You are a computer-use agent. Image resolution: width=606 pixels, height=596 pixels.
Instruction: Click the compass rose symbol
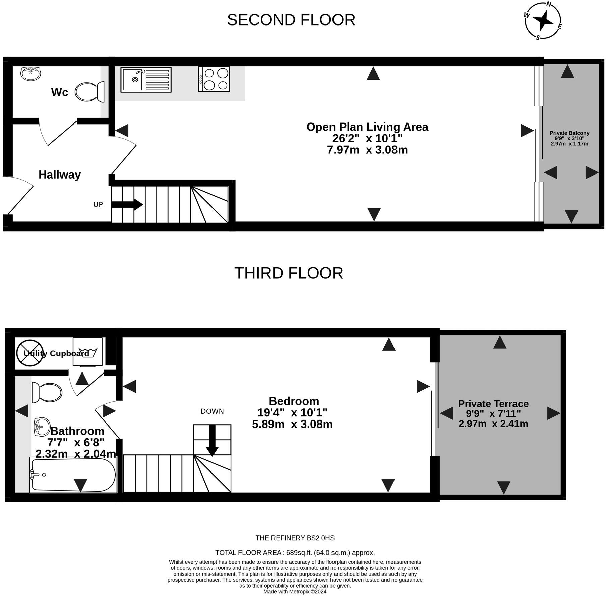[x=543, y=21]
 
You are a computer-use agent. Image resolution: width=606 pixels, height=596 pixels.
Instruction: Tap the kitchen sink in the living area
[x=146, y=80]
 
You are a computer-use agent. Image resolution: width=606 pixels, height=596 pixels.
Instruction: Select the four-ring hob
[x=214, y=79]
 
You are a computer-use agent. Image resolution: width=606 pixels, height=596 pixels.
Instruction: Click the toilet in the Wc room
[x=89, y=92]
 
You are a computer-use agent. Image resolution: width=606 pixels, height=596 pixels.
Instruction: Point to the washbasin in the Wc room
[x=31, y=73]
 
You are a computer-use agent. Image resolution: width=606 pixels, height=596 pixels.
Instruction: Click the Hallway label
[x=60, y=175]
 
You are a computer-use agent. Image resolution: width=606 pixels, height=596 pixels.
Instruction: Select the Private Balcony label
[x=569, y=133]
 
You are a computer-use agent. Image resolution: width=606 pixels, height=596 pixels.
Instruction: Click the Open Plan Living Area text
[x=367, y=127]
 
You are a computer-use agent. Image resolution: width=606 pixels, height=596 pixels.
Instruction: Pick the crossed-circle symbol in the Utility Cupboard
[x=30, y=353]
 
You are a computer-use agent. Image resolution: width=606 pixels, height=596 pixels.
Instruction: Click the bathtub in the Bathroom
[x=73, y=475]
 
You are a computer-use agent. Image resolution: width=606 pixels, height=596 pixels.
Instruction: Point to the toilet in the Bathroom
[x=47, y=392]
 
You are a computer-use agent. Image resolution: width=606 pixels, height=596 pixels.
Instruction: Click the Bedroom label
[x=294, y=401]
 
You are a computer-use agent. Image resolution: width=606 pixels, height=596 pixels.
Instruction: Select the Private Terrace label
[x=493, y=404]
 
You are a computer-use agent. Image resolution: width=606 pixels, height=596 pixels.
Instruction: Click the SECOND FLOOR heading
[x=291, y=20]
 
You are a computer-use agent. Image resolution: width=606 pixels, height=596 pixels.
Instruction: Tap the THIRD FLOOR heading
[x=289, y=273]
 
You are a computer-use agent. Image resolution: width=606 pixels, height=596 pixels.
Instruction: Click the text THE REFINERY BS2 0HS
[x=295, y=538]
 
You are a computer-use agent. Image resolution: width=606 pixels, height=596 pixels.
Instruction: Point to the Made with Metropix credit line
[x=295, y=592]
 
